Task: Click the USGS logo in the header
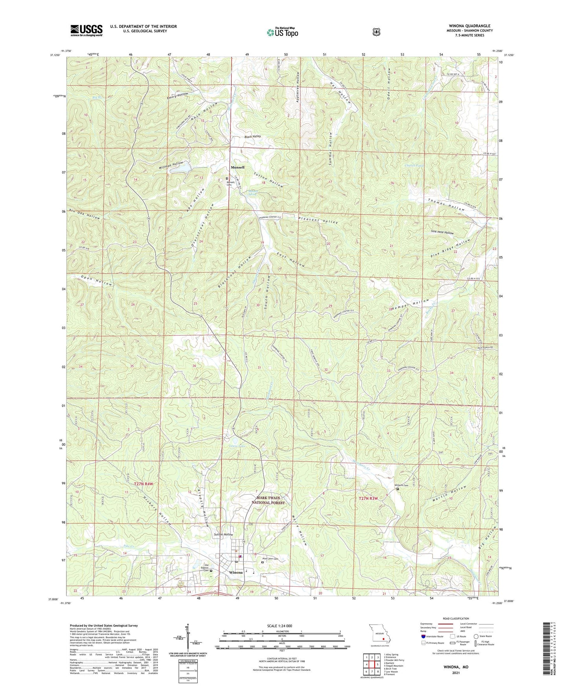click(x=86, y=30)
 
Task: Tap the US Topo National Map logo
click(x=282, y=32)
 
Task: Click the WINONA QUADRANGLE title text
click(x=469, y=26)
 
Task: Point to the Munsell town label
click(x=237, y=167)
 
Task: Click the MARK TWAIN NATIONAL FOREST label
click(x=268, y=500)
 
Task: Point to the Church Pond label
click(x=414, y=165)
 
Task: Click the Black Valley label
click(x=252, y=136)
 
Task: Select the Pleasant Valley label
click(x=318, y=220)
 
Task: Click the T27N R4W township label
click(x=144, y=484)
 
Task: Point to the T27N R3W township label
click(x=368, y=499)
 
